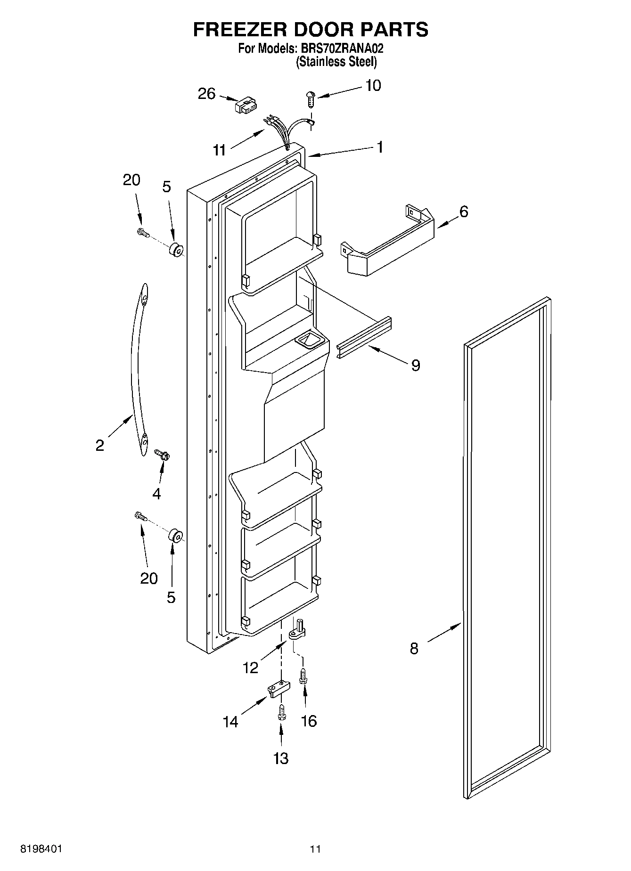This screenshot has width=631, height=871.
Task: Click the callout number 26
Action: pos(206,94)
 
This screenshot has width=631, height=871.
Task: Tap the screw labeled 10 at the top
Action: pos(310,99)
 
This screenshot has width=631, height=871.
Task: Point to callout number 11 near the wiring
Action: pos(219,150)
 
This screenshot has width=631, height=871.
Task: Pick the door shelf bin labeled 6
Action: pos(386,245)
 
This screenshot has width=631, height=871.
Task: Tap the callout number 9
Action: pos(415,365)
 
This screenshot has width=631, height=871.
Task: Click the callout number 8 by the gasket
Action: pos(414,649)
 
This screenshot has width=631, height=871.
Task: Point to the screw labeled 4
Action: pos(163,455)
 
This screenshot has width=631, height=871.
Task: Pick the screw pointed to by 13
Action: pos(281,712)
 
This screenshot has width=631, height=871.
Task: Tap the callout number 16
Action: pos(309,721)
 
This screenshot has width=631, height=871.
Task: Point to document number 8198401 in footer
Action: pos(41,849)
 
